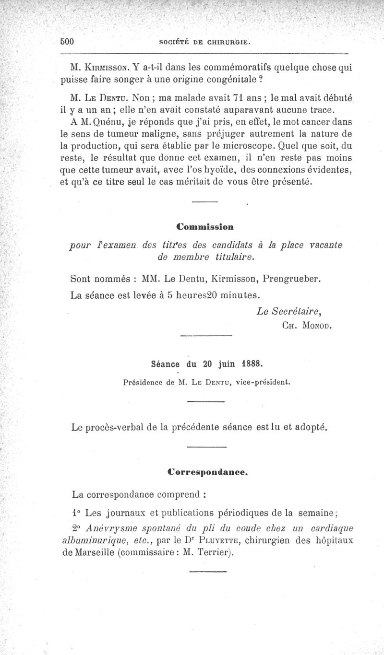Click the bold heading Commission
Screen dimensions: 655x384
point(204,225)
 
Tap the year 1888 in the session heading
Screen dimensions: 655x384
point(252,363)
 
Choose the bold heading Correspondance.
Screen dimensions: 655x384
point(207,472)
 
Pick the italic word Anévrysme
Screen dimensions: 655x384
point(111,528)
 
